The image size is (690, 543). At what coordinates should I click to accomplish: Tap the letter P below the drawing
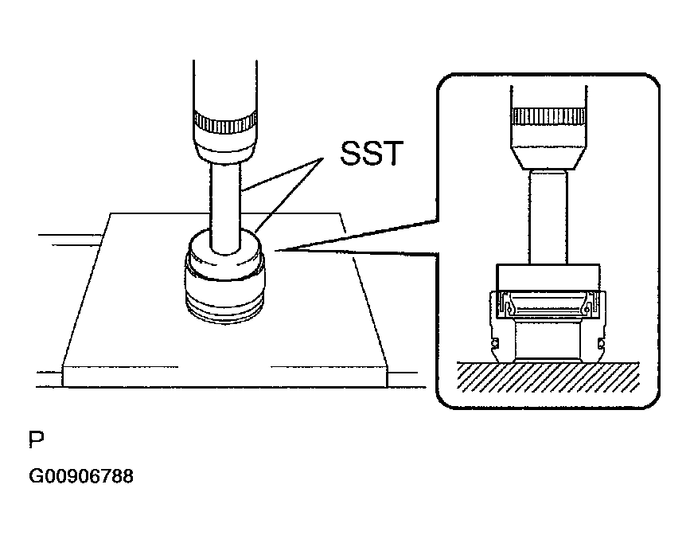(x=37, y=439)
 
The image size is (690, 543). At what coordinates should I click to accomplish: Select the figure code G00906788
(x=81, y=476)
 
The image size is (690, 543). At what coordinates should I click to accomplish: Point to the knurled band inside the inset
(x=549, y=115)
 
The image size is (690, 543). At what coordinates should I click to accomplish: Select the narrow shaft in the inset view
(x=548, y=217)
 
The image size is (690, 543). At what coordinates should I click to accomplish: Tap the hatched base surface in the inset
(x=548, y=377)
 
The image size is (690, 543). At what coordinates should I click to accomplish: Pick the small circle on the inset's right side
(x=602, y=342)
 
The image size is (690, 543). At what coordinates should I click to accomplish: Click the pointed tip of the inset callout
(x=275, y=251)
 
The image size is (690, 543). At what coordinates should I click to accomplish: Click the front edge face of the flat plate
(x=224, y=377)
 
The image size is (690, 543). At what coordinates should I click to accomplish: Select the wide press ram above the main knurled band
(x=225, y=87)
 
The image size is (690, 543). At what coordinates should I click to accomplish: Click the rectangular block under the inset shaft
(x=548, y=291)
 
